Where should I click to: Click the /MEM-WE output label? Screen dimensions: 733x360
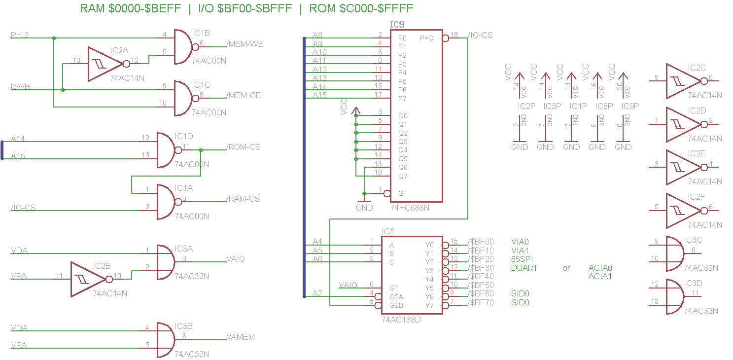245,44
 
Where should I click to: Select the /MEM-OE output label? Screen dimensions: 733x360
244,96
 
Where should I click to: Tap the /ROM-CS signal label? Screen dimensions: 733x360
244,147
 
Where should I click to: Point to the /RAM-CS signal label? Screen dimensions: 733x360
244,199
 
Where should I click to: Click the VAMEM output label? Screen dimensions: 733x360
241,337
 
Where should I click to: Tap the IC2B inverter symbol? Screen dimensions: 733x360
88,279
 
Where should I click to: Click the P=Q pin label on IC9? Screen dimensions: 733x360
427,38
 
